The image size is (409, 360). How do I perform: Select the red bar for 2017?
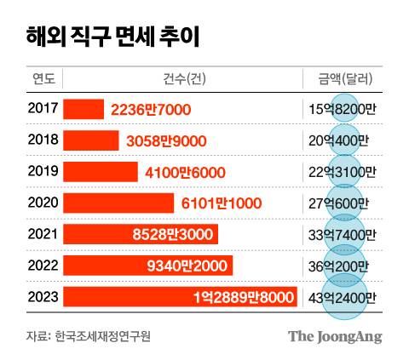point(84,109)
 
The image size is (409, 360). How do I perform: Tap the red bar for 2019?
point(102,172)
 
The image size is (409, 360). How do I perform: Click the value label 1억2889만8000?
point(242,297)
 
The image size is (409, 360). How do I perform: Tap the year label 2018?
point(42,140)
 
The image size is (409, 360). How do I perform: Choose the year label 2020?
point(42,203)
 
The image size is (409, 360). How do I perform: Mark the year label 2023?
point(42,297)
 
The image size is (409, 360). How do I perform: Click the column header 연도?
point(43,79)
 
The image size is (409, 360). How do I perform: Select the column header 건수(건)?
point(182,79)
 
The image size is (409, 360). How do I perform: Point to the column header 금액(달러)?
point(342,79)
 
